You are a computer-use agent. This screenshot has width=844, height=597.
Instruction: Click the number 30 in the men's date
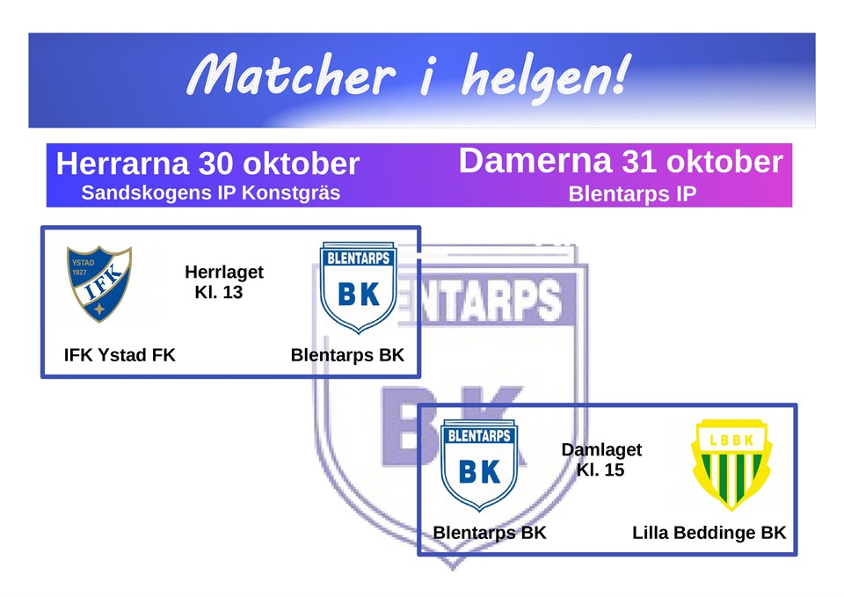tap(215, 164)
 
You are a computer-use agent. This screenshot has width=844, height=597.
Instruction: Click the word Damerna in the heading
tap(535, 162)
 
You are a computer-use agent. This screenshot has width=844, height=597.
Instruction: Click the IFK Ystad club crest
tap(99, 283)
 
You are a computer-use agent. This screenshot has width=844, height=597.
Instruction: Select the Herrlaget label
tap(224, 273)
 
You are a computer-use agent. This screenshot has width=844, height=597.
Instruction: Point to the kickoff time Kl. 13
tap(219, 293)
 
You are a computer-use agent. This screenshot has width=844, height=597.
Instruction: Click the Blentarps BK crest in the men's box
tap(358, 288)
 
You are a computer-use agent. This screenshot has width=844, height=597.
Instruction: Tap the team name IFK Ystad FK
tap(120, 355)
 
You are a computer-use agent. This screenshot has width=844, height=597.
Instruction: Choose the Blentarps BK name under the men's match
tap(347, 355)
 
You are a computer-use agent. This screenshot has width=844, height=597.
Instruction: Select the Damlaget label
tap(601, 450)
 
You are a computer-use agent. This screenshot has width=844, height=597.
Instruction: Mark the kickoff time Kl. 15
tap(600, 470)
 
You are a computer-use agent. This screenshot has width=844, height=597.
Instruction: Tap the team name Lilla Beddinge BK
tap(709, 533)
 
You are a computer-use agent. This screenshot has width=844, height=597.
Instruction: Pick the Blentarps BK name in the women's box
tap(490, 533)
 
